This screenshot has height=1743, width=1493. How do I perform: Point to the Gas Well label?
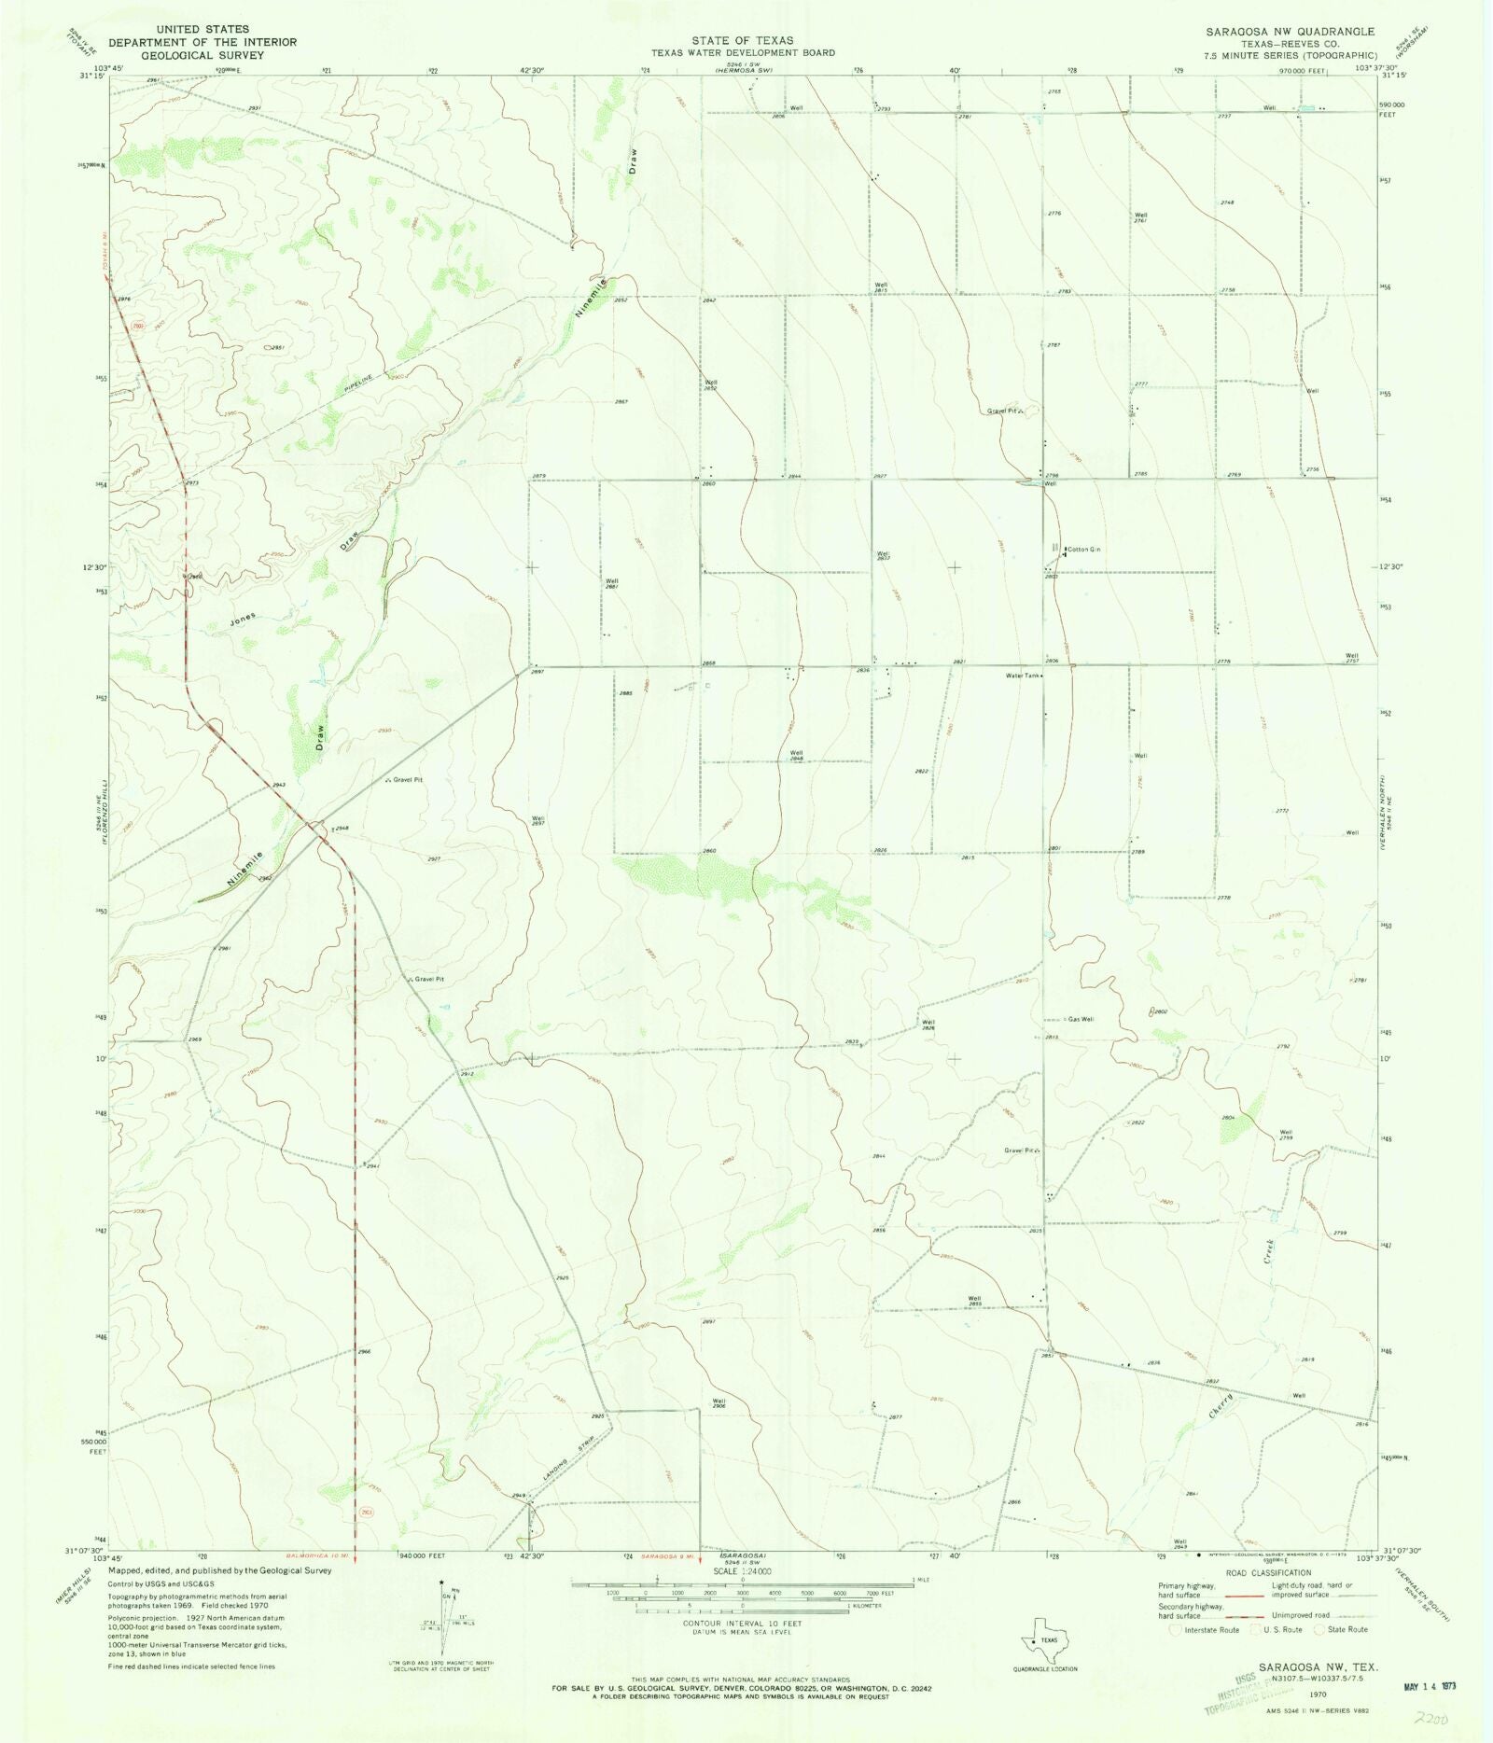1081,1019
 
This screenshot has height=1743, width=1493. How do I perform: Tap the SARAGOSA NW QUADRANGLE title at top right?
1290,32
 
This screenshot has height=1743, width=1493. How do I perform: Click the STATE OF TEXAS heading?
743,40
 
